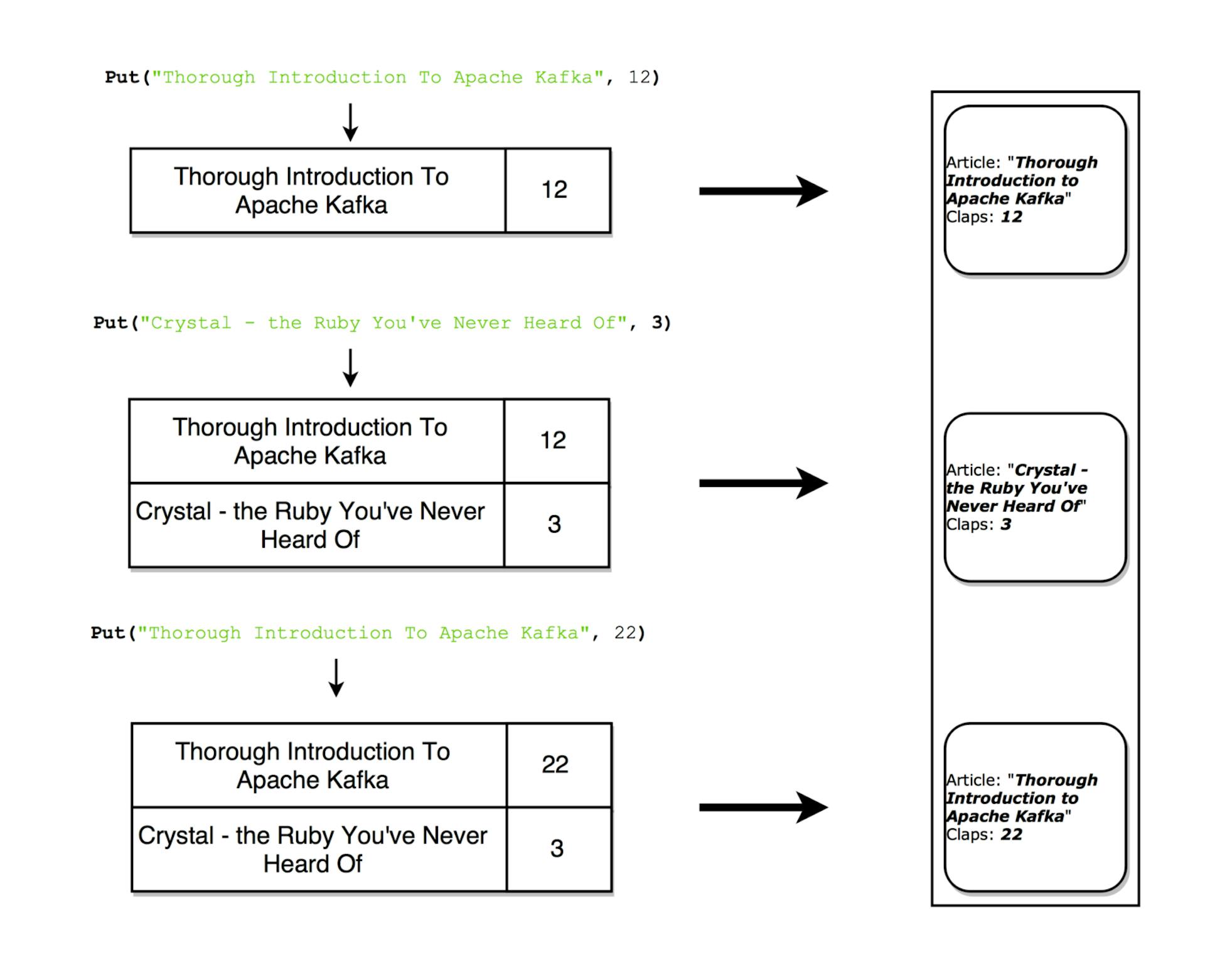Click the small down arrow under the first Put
pos(350,122)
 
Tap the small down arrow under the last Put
pos(336,678)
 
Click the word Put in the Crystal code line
pos(110,323)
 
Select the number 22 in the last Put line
pos(625,633)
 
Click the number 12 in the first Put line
pos(640,77)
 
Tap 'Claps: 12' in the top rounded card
pos(984,217)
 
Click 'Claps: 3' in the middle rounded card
pos(979,525)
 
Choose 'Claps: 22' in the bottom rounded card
pos(984,835)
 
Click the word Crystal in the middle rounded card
pos(1045,470)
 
